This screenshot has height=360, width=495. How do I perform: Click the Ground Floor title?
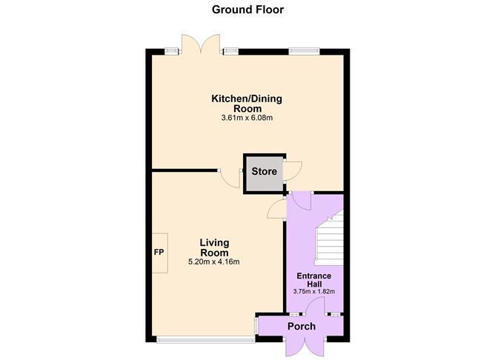247,10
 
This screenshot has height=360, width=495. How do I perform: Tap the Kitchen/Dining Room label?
247,104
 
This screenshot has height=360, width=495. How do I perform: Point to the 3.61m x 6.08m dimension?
247,119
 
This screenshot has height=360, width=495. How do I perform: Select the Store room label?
265,172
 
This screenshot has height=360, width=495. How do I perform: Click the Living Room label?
214,247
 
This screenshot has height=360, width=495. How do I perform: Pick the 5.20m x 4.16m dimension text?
213,262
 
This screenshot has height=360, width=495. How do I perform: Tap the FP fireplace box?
160,253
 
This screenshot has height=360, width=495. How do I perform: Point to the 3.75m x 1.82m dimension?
313,292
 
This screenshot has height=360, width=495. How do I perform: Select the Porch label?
302,326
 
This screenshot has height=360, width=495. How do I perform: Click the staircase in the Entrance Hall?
329,239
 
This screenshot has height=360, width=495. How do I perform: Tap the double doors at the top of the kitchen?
201,44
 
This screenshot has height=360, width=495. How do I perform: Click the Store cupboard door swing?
292,171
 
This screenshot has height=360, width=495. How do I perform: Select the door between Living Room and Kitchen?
230,179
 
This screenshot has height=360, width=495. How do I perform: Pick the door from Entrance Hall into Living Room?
277,209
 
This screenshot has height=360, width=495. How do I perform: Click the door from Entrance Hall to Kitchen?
302,201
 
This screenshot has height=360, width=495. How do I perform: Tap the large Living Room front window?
205,339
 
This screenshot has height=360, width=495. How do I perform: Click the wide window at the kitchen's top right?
305,52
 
